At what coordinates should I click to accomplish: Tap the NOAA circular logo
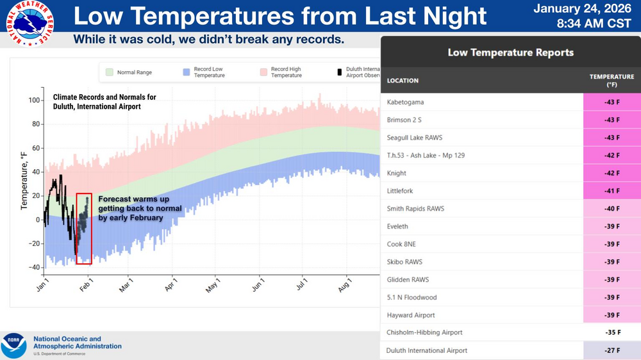(13, 345)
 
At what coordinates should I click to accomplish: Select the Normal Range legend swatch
(110, 72)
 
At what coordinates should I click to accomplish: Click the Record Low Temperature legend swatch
(187, 72)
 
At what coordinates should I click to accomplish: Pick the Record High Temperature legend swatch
(263, 72)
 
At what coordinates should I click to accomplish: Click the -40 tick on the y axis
(33, 267)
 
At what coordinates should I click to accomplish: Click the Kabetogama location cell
(406, 102)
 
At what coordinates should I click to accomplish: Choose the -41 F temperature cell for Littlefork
(612, 191)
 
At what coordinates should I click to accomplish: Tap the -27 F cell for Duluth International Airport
(612, 350)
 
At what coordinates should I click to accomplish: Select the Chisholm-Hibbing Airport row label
(424, 332)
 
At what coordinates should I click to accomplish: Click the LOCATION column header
(403, 81)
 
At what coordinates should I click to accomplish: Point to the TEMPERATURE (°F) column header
(612, 81)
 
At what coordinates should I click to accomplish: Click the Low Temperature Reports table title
(510, 53)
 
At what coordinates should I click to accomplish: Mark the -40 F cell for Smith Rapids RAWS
(612, 209)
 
